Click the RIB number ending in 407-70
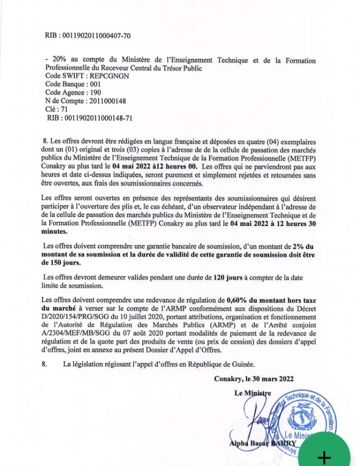coord(95,36)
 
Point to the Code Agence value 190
coord(95,93)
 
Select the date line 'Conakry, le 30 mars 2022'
coord(253,379)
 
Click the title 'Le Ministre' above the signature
coord(252,393)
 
